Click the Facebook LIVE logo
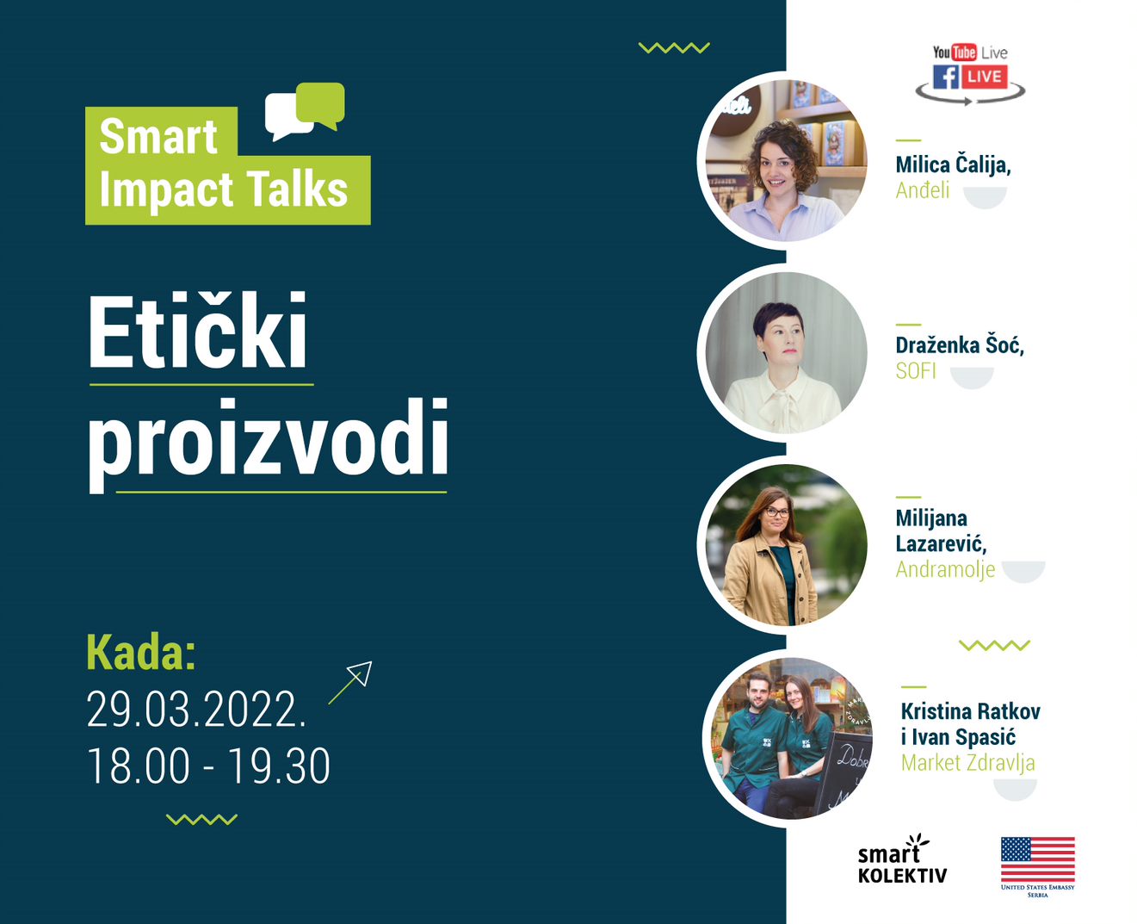969,77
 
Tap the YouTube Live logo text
970,53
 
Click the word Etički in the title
198,333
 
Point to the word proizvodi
268,440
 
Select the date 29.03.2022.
196,710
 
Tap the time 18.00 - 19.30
208,766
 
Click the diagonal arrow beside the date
350,682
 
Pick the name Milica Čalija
952,164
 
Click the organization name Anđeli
922,190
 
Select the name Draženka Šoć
959,345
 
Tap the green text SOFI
915,371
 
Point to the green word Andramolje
945,569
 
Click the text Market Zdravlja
967,762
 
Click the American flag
1037,859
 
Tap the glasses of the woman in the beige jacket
776,512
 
